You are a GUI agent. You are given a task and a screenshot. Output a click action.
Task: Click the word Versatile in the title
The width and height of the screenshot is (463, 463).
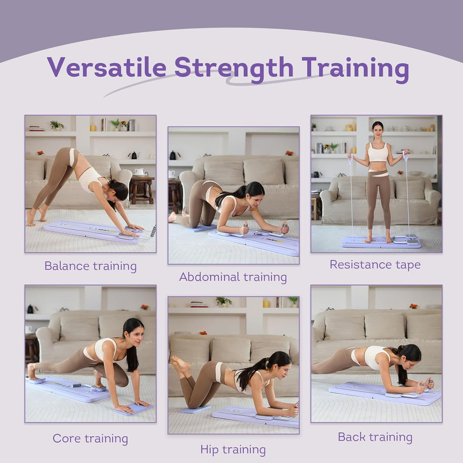[107, 67]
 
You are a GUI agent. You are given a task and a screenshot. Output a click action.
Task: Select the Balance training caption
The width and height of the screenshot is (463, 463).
[90, 266]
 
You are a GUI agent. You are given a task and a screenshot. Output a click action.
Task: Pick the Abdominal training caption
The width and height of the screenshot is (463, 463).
[233, 277]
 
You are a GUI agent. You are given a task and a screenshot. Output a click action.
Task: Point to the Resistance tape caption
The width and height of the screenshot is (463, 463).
[375, 265]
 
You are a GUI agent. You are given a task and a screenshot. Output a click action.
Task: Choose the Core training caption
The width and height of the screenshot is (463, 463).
[90, 439]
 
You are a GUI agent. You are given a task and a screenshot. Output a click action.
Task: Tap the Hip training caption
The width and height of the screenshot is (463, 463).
[233, 450]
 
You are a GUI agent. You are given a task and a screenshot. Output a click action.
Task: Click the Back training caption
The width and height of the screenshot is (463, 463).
[375, 437]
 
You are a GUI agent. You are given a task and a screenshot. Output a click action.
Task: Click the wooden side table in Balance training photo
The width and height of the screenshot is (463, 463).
[142, 189]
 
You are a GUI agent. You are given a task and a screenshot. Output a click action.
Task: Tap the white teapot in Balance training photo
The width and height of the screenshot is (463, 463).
[139, 172]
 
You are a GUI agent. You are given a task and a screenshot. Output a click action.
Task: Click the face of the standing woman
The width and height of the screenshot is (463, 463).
[378, 130]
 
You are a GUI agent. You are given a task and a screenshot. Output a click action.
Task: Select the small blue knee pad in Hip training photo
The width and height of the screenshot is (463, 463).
[195, 409]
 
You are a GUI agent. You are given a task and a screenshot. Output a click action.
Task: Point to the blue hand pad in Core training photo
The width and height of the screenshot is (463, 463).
[133, 409]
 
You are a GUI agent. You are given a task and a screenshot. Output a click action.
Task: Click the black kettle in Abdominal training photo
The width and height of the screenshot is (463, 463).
[173, 156]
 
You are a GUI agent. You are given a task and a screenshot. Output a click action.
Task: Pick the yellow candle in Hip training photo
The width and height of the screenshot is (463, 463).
[266, 304]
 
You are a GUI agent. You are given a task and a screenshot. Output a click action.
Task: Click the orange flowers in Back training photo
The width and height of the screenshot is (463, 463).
[414, 306]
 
